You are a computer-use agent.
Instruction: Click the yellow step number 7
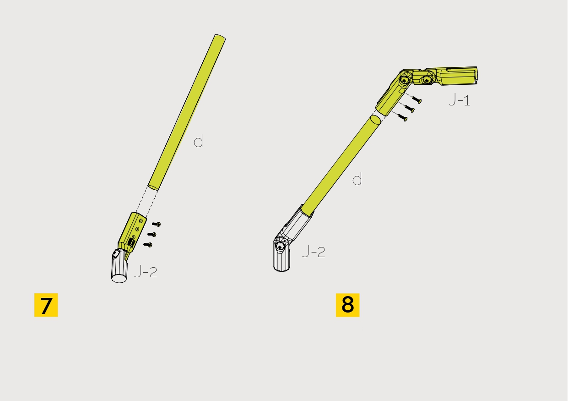point(46,305)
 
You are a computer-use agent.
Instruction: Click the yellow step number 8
point(347,305)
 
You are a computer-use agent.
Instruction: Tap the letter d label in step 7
point(198,142)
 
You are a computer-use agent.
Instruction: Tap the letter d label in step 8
point(357,179)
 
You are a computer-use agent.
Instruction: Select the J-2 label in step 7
point(146,272)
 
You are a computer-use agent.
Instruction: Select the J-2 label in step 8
point(314,252)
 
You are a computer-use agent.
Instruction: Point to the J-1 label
point(459,100)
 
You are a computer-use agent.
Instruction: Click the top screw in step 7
point(156,224)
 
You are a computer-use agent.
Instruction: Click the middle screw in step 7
point(152,235)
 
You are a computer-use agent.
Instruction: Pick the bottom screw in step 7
point(147,245)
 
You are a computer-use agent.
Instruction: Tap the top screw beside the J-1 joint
point(416,100)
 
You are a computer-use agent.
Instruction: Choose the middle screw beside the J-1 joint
point(409,109)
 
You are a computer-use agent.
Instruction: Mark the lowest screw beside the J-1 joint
point(402,118)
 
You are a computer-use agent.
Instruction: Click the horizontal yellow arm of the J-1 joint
point(455,76)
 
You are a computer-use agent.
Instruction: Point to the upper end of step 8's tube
point(375,120)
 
